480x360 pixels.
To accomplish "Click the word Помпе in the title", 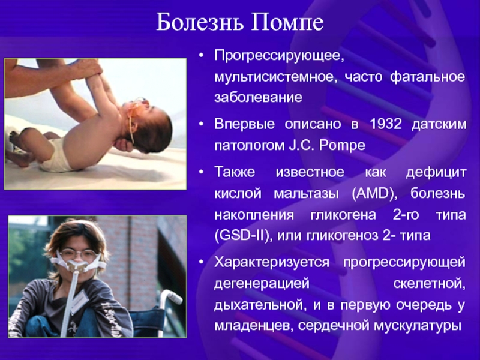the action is click(287, 22).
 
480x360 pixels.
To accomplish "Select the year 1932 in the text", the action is click(385, 124).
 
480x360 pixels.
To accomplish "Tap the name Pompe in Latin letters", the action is click(342, 146).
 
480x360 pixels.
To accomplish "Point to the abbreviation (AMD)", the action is click(374, 194).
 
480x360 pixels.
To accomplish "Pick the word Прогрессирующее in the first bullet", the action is click(279, 56).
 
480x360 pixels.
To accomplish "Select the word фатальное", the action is click(428, 77).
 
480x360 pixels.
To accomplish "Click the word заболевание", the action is click(259, 97).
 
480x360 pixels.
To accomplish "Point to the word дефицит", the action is click(436, 172).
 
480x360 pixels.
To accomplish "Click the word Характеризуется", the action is click(272, 263).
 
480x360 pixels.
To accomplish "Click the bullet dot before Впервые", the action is click(201, 124).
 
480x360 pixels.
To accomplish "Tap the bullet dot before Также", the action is click(201, 172).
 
